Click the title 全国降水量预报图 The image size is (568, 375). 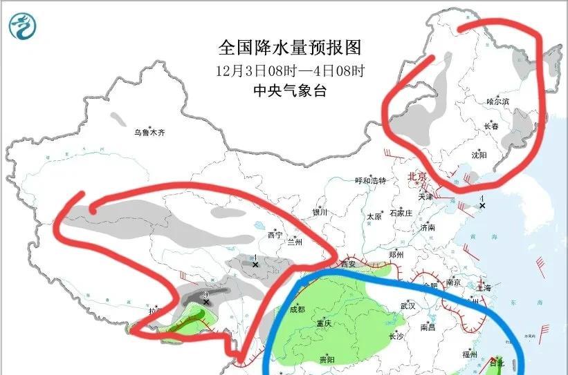[290, 48]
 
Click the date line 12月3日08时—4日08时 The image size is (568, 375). [290, 70]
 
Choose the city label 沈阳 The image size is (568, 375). [479, 155]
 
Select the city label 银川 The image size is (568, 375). [320, 212]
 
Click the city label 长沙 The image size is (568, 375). [396, 336]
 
